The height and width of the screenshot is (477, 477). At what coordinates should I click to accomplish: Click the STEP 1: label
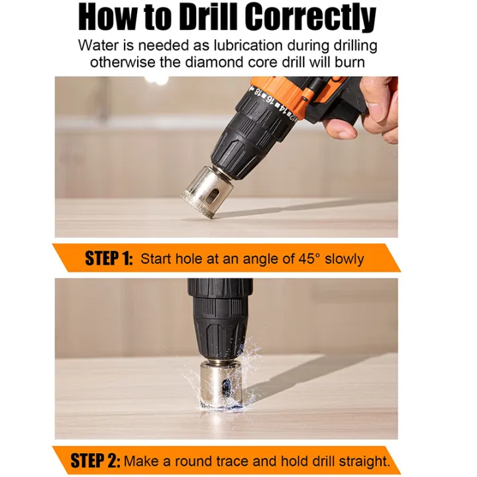[109, 258]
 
